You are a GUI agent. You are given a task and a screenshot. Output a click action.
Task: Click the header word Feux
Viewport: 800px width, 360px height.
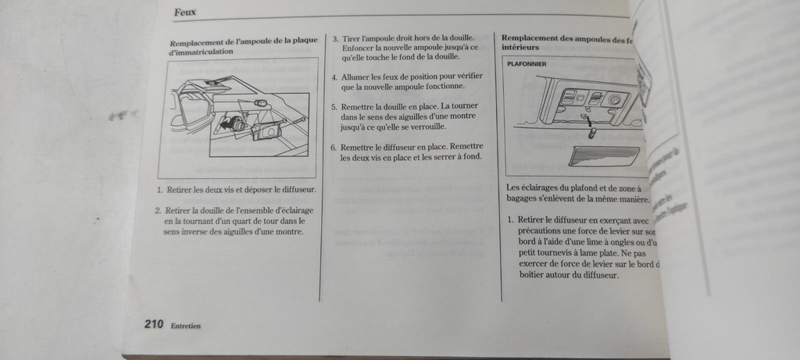185,12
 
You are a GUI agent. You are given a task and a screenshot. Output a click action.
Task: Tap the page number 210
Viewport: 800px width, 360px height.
153,324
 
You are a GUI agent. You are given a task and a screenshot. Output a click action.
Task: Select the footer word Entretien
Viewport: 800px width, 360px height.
186,326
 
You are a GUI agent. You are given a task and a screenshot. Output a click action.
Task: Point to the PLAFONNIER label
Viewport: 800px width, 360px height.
527,63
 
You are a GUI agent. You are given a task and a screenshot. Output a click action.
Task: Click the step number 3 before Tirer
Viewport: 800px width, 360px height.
335,38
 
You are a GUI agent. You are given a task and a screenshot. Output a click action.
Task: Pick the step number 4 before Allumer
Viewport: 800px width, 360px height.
334,77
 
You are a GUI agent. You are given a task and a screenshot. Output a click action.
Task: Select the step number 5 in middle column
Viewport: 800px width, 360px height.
334,107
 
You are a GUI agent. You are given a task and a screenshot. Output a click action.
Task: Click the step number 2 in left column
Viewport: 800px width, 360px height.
158,210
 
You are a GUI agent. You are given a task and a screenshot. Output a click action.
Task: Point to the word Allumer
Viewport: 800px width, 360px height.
359,77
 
